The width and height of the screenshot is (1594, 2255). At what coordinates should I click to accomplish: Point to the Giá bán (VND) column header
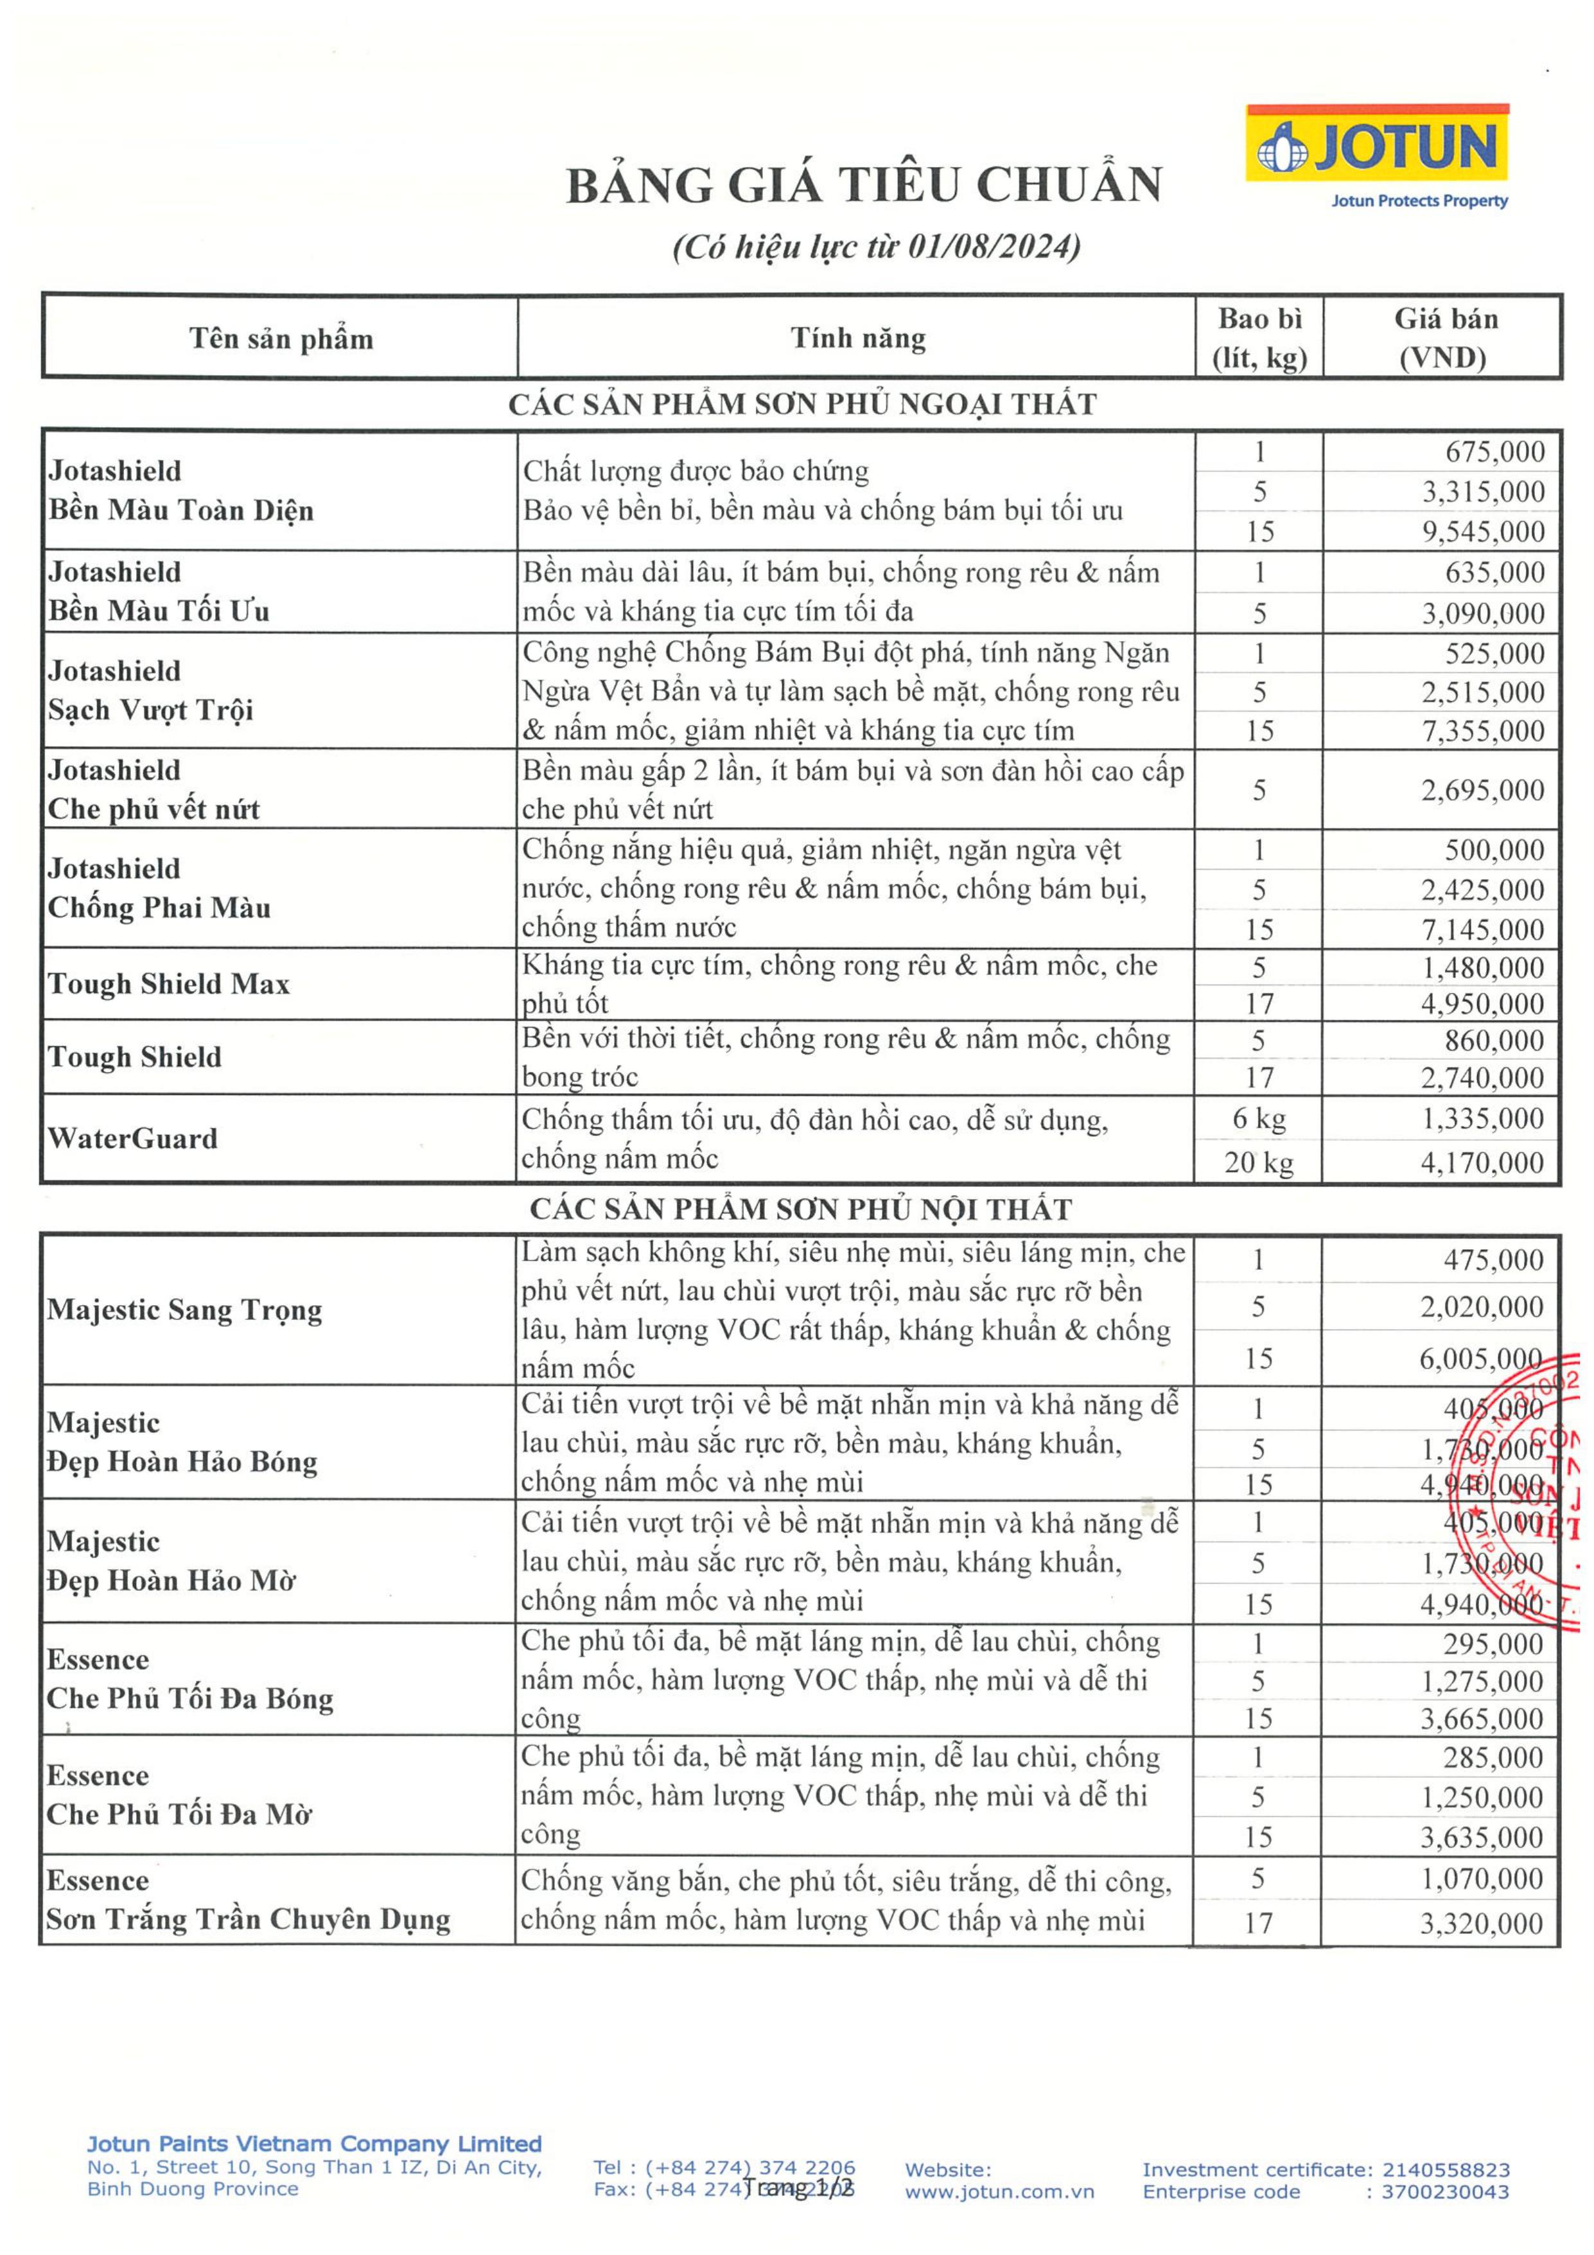[1444, 338]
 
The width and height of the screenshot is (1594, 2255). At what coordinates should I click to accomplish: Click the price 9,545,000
[1483, 531]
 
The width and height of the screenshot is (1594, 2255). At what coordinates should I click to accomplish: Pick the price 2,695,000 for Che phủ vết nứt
[1482, 789]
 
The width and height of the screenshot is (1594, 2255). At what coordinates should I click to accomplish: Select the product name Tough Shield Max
[169, 984]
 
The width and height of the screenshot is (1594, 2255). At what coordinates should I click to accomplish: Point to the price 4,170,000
[1482, 1163]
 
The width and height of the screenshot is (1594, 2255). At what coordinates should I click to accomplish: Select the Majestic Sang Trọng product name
[185, 1310]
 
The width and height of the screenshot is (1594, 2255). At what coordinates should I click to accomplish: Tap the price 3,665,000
[1482, 1719]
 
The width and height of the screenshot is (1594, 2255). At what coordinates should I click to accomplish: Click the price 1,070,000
[1482, 1879]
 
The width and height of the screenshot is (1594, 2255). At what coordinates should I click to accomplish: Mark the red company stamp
[1532, 1493]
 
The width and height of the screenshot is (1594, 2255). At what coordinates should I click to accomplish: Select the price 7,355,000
[1482, 731]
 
